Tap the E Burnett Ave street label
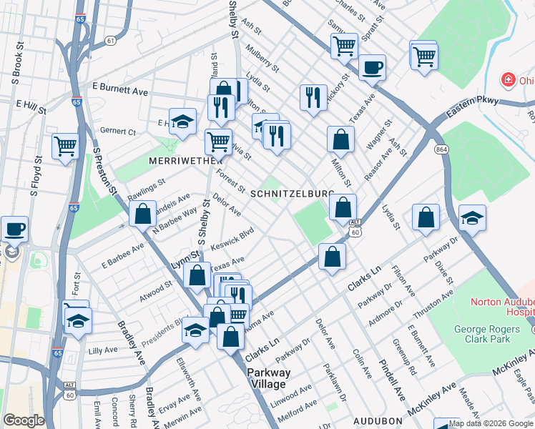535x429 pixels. pyautogui.click(x=119, y=91)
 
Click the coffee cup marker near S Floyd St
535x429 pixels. pyautogui.click(x=14, y=230)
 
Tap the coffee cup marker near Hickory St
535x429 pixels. pyautogui.click(x=372, y=68)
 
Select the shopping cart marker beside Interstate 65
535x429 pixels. pyautogui.click(x=66, y=146)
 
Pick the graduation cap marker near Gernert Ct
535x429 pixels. pyautogui.click(x=183, y=121)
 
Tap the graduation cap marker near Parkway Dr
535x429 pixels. pyautogui.click(x=472, y=218)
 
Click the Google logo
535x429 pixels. pyautogui.click(x=24, y=420)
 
